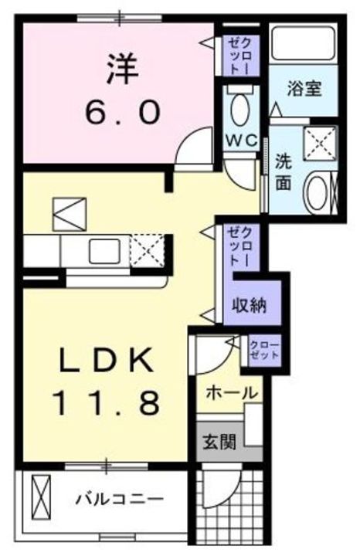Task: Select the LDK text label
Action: coord(107,360)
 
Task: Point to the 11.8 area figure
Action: coord(107,402)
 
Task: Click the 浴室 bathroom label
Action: coord(304,87)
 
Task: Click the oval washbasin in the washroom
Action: coord(316,193)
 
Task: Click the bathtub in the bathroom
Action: coord(301,46)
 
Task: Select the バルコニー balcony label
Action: coord(120,499)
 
